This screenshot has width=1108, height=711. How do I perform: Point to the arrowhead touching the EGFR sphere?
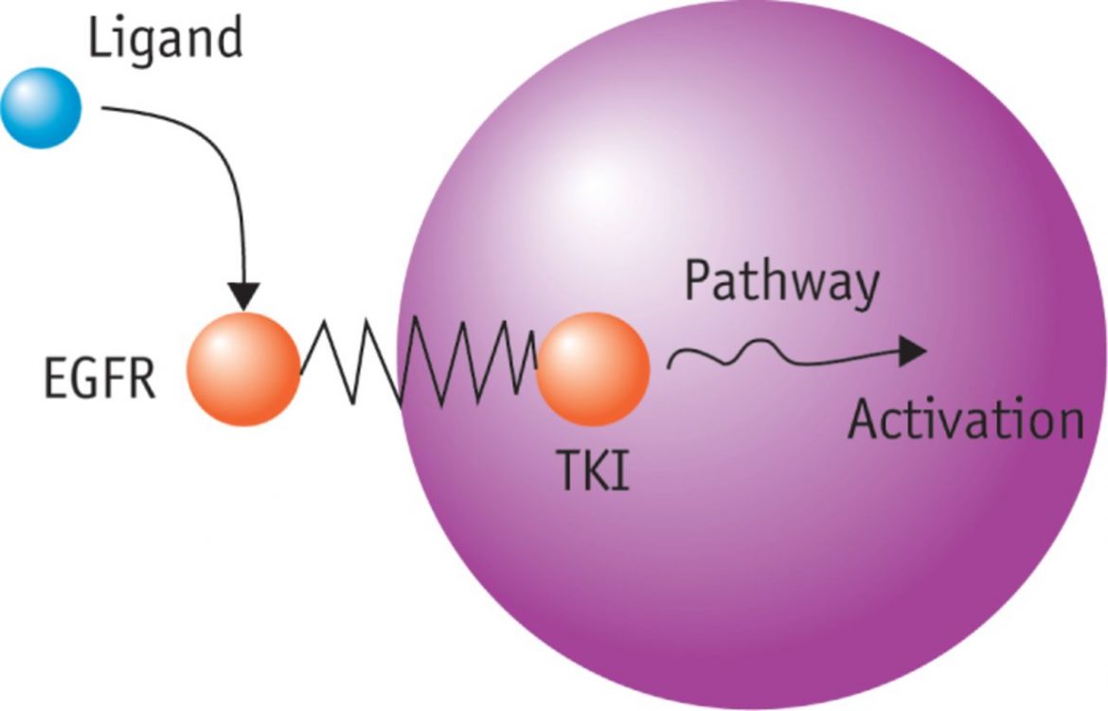tap(243, 297)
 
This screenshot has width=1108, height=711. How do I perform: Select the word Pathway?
tap(781, 283)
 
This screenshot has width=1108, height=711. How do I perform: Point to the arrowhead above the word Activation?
tap(911, 351)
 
